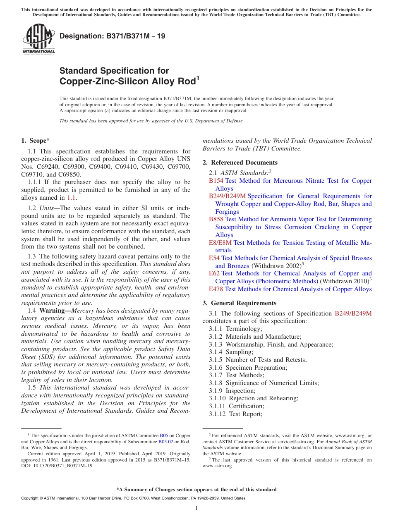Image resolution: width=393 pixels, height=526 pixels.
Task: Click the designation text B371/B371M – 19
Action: point(113,36)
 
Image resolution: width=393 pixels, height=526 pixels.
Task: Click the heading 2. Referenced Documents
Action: point(240,162)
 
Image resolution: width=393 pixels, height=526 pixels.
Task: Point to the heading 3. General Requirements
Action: point(239,303)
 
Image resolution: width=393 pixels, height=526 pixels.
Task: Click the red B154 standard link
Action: point(216,181)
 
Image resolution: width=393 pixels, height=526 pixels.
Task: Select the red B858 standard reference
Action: point(216,219)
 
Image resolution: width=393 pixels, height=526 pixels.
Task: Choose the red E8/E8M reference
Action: point(220,243)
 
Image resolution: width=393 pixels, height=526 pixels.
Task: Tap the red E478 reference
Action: point(216,289)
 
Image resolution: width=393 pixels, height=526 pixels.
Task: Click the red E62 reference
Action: point(214,273)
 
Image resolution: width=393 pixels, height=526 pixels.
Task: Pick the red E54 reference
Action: point(214,258)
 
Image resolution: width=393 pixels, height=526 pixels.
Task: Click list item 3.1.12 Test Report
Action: point(235,414)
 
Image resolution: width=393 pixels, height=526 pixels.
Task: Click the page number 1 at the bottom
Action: point(196,508)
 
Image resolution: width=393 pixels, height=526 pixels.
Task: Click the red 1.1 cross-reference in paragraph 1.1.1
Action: point(72,198)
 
